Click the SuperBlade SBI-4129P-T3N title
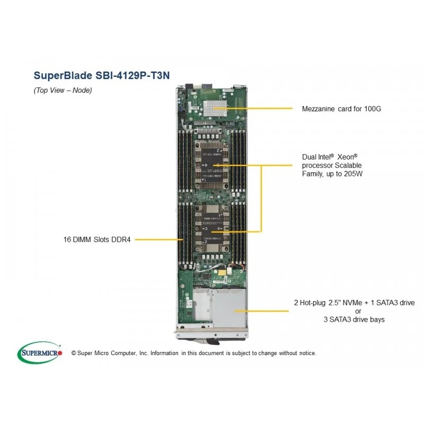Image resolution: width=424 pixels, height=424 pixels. point(102,75)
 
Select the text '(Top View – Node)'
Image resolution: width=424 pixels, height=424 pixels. point(63,90)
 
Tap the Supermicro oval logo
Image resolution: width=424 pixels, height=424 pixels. point(39,352)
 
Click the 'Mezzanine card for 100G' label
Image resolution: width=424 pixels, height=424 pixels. point(341,109)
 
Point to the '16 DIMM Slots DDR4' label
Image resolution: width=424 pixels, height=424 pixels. point(97,240)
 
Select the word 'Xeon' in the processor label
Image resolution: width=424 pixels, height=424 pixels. point(347,157)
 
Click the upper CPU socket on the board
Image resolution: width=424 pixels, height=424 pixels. point(211,164)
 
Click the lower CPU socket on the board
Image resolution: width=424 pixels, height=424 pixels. point(212,228)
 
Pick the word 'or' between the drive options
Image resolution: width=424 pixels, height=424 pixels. point(358,311)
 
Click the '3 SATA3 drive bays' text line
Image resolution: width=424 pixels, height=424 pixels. point(354,320)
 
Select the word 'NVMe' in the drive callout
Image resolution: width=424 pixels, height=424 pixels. point(352,303)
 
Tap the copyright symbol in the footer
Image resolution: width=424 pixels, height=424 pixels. point(74,353)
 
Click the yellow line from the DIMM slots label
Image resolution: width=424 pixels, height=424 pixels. point(159,240)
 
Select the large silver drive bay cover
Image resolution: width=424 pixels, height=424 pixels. point(229,308)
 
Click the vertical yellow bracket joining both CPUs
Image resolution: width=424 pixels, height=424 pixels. point(261,198)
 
